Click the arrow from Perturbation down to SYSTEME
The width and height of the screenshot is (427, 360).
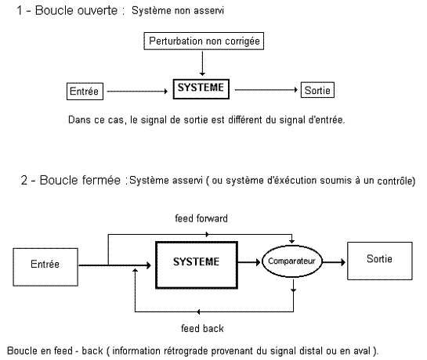(x=202, y=63)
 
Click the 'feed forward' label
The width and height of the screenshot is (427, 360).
(x=201, y=218)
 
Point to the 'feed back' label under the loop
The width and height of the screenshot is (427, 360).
(x=202, y=329)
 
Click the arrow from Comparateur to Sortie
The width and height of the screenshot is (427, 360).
(x=334, y=262)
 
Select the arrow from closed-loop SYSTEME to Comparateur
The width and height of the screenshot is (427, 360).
(x=249, y=262)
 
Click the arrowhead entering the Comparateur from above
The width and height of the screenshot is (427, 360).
(x=292, y=241)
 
